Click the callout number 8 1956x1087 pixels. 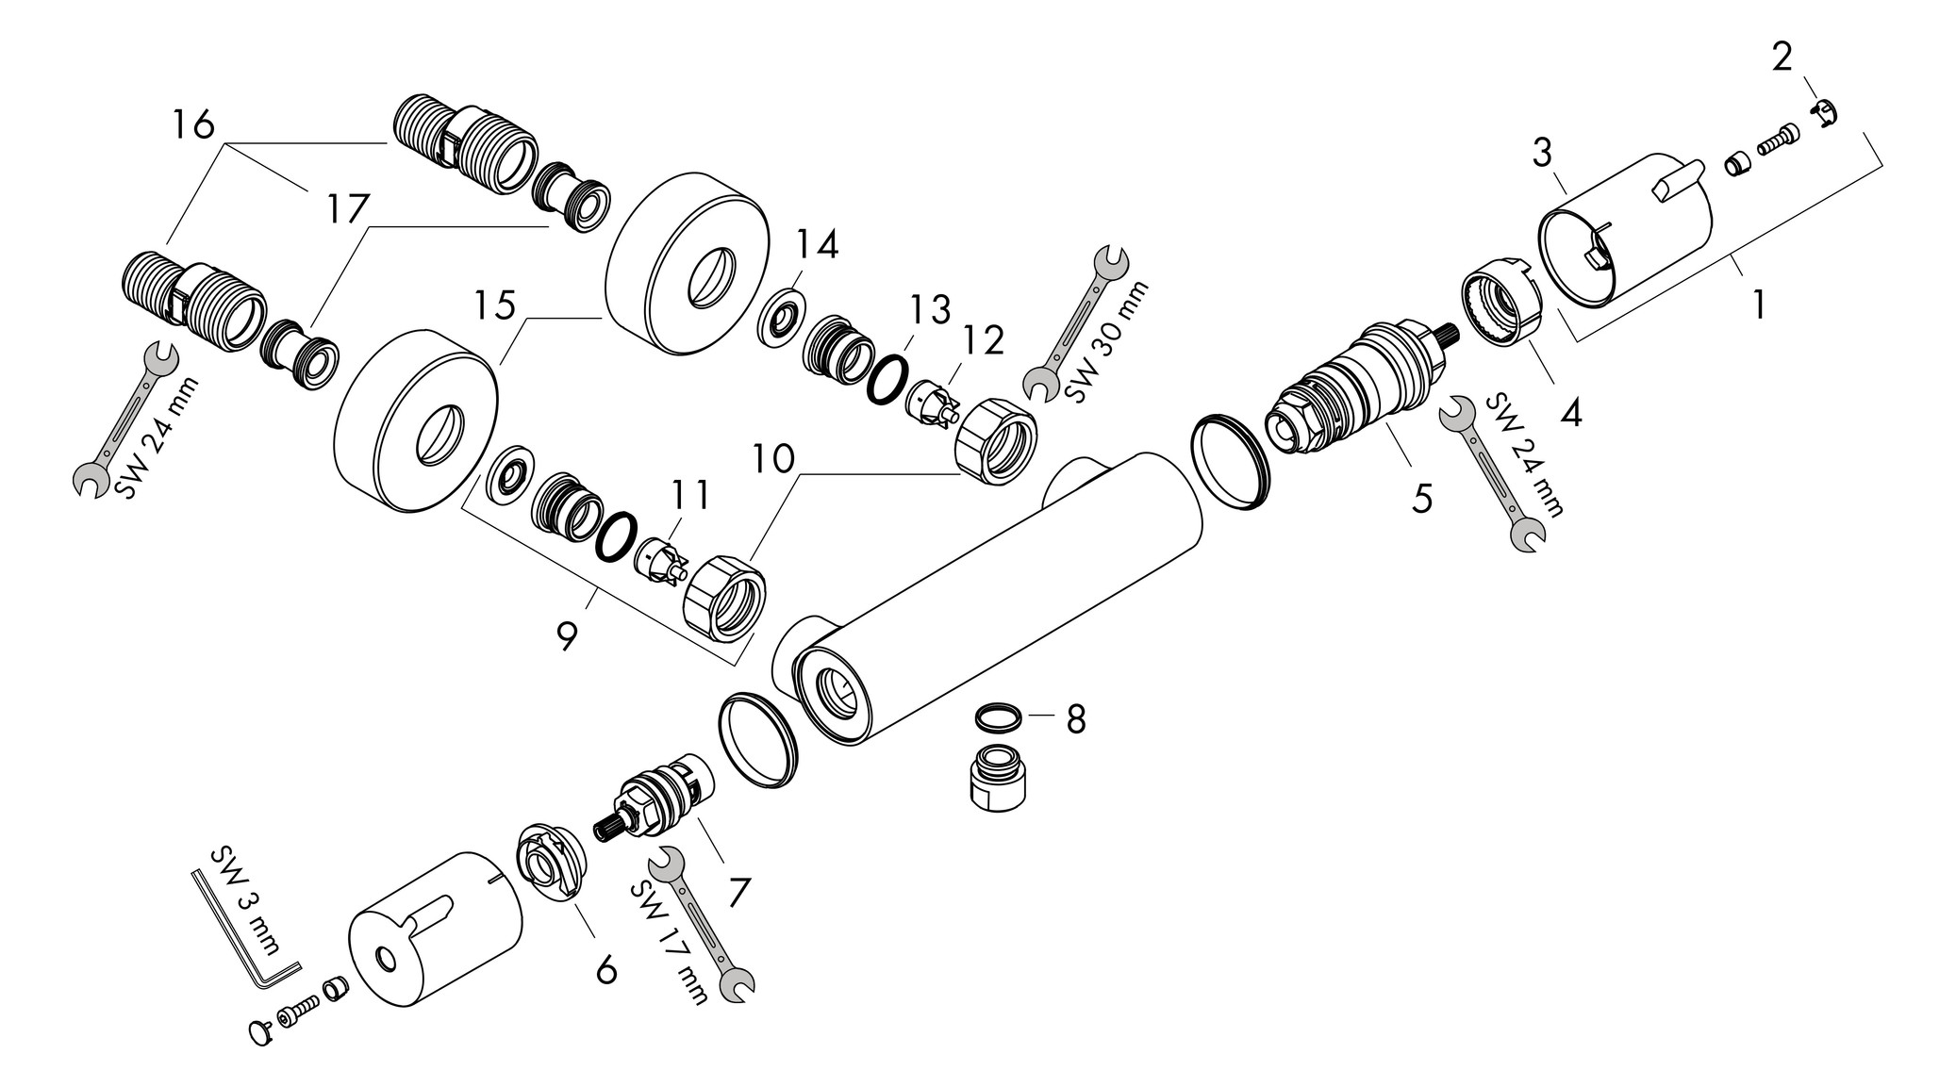click(x=1076, y=719)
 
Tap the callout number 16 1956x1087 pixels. click(x=193, y=124)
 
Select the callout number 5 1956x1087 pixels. click(x=1421, y=497)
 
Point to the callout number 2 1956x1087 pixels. click(x=1782, y=58)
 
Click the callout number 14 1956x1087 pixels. click(x=816, y=245)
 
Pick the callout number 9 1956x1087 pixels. click(x=566, y=636)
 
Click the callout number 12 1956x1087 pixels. click(x=984, y=340)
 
